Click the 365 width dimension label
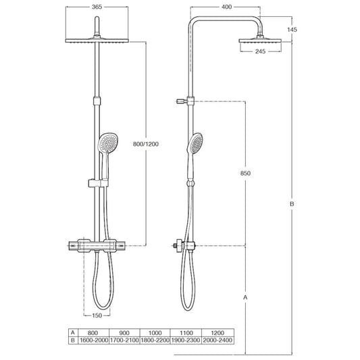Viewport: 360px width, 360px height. coord(97,7)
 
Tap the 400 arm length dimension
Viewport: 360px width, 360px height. coord(227,7)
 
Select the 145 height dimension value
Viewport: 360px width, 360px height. coord(292,30)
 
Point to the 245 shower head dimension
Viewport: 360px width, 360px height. coord(260,51)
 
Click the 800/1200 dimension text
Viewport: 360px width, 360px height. coord(146,144)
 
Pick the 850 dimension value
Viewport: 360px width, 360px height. coord(245,173)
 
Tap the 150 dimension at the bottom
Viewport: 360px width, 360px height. coord(97,315)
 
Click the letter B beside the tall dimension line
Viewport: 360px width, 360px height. coord(292,204)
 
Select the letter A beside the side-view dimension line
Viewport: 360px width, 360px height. coord(245,297)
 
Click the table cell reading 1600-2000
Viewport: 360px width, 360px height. coord(94,340)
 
